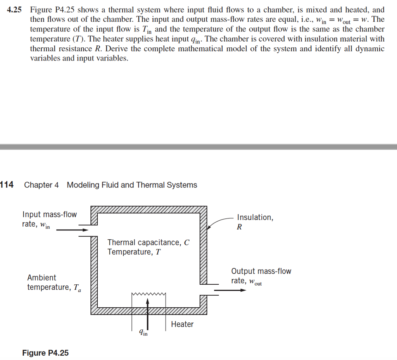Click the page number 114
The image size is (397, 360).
pos(7,185)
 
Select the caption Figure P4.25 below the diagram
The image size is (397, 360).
pos(45,353)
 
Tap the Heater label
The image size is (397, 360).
pos(182,324)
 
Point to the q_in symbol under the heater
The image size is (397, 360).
pos(143,332)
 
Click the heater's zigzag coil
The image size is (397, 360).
pos(149,294)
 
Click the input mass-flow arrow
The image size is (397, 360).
pos(72,230)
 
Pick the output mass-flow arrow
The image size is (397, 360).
pos(230,290)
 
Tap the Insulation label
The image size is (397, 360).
pos(255,217)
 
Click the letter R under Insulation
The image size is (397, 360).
pos(239,227)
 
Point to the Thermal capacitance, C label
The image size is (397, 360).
pos(148,242)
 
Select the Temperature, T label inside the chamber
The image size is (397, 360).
pos(134,252)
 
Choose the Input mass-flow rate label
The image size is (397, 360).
pos(49,219)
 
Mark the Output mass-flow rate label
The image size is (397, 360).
pos(261,276)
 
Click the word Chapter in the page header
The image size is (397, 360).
pos(36,185)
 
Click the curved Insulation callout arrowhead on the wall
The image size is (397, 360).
pos(209,228)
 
